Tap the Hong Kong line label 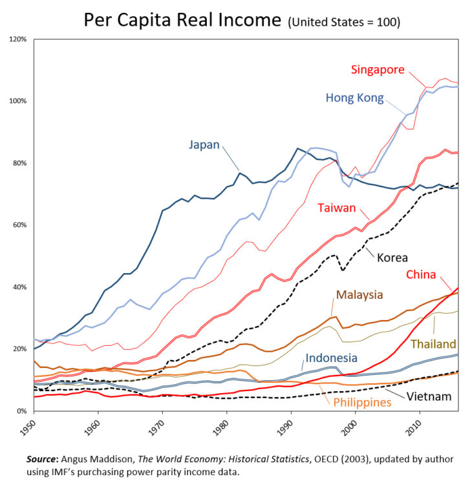[x=354, y=98]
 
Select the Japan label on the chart [x=204, y=145]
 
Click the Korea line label [x=392, y=258]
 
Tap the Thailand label [x=433, y=344]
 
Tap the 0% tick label [x=21, y=411]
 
